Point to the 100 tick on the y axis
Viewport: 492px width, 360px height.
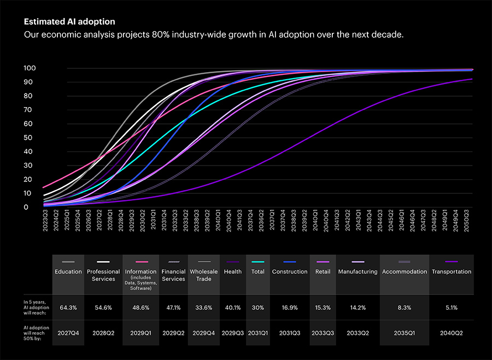coord(30,68)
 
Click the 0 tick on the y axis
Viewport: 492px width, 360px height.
coord(26,207)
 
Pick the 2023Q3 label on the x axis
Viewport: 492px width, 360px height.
coord(45,222)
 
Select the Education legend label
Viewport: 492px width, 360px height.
coord(68,272)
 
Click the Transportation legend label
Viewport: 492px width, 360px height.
coord(451,272)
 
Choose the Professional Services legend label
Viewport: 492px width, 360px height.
coord(103,275)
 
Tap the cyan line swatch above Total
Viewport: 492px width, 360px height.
coord(258,262)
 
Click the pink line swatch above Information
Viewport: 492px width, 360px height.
coord(141,262)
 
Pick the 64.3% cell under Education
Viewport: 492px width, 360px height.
coord(68,308)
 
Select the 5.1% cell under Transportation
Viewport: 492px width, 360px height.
coord(451,308)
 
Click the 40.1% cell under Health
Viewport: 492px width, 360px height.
coord(233,308)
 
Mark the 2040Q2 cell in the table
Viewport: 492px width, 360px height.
coord(451,332)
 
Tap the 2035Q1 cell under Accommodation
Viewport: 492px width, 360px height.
coord(405,332)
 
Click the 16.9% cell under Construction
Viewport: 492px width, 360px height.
coord(290,308)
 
